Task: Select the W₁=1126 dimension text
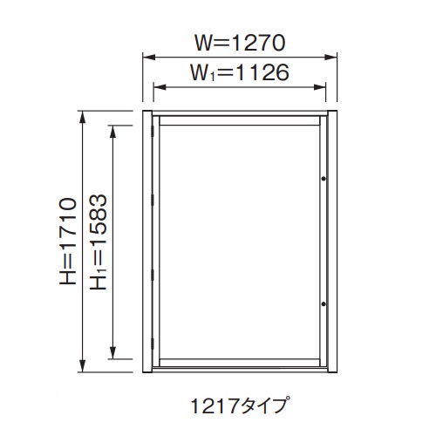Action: coord(240,73)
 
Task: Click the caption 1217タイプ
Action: coord(240,405)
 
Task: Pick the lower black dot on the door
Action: coord(323,303)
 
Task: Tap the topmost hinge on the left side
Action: coord(154,130)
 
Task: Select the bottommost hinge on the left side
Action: coord(154,352)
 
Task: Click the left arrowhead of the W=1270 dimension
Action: coord(146,58)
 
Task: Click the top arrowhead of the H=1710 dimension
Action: coord(84,114)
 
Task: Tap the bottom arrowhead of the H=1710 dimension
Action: coord(84,367)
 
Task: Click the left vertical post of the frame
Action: coord(146,241)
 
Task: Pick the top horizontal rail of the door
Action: coord(240,117)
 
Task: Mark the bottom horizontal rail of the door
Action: coord(240,361)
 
